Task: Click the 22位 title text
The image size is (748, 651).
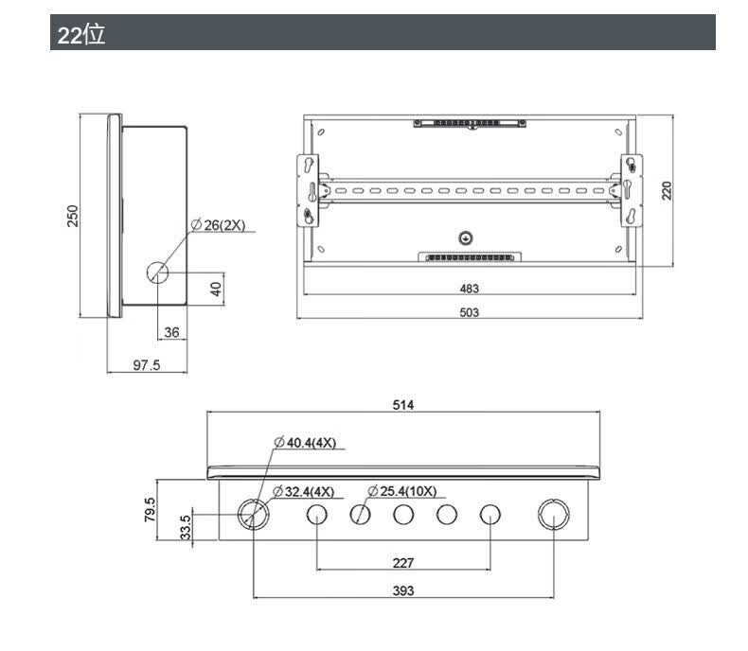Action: (81, 35)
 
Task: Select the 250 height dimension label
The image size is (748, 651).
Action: (73, 216)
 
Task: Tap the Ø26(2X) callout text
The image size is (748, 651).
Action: (219, 225)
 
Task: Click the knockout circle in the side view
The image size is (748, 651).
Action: (157, 273)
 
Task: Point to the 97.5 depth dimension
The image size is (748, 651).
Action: (147, 365)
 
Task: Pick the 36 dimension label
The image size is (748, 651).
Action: (171, 332)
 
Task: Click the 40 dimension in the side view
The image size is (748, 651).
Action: (216, 289)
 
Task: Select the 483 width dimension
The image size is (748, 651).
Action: (470, 289)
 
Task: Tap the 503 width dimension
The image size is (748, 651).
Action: (470, 312)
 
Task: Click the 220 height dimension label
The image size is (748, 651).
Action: (667, 190)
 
